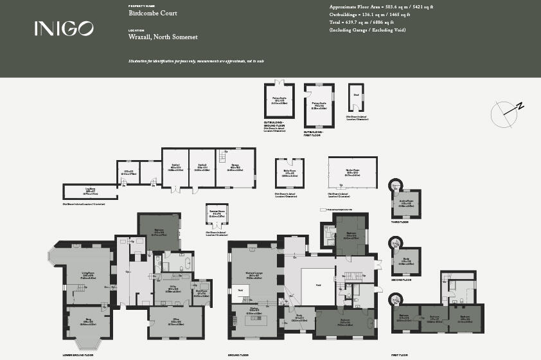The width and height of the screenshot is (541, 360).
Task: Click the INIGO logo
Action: pyautogui.click(x=64, y=28)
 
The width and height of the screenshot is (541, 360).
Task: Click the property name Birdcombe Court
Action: pyautogui.click(x=153, y=13)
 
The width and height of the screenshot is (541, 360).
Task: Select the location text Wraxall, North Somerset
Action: pyautogui.click(x=163, y=37)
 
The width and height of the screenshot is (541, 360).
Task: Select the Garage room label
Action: pyautogui.click(x=235, y=169)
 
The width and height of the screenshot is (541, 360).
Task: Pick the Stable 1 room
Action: pyautogui.click(x=175, y=169)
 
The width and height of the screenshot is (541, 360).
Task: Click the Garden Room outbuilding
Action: pyautogui.click(x=352, y=173)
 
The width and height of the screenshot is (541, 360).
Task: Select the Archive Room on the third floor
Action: pyautogui.click(x=406, y=205)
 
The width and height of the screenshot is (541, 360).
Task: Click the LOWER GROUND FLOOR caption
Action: pyautogui.click(x=78, y=355)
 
